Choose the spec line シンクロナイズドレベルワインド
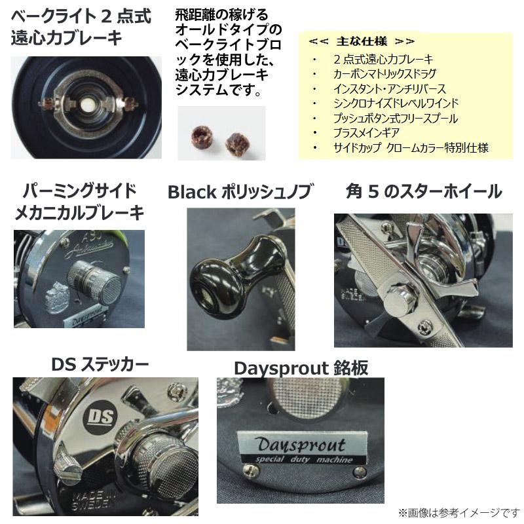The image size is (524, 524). tap(395, 103)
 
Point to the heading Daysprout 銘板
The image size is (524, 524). tap(301, 368)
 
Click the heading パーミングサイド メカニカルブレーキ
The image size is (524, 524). tap(79, 201)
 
